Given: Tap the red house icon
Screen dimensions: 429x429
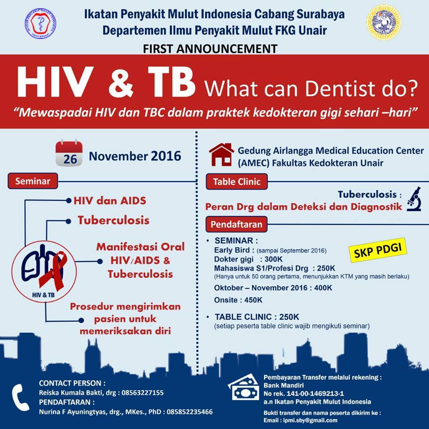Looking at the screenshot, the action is (221, 155).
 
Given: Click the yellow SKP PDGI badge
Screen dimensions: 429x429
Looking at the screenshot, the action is (378, 250).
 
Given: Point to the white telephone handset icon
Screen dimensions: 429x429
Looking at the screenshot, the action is (20, 397).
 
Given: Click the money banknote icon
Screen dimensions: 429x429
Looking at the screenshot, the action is (244, 387).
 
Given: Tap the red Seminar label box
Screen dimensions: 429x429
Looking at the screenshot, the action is (33, 181).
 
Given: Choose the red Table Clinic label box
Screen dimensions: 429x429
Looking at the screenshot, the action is (237, 182).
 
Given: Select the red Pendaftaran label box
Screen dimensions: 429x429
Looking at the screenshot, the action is (236, 224).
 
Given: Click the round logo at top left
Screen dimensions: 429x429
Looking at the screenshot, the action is (41, 23).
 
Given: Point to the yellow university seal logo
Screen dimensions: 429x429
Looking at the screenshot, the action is (383, 22).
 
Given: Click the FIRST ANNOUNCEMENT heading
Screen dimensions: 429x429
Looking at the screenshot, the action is (210, 49).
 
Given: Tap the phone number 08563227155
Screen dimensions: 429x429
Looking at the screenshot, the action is (143, 393).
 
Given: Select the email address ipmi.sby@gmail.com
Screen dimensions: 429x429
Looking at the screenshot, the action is (310, 420).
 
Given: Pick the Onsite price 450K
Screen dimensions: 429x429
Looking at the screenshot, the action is (253, 300).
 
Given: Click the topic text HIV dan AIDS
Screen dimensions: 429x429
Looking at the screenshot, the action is (110, 201).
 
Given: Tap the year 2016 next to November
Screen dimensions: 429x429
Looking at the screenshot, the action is (166, 156).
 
